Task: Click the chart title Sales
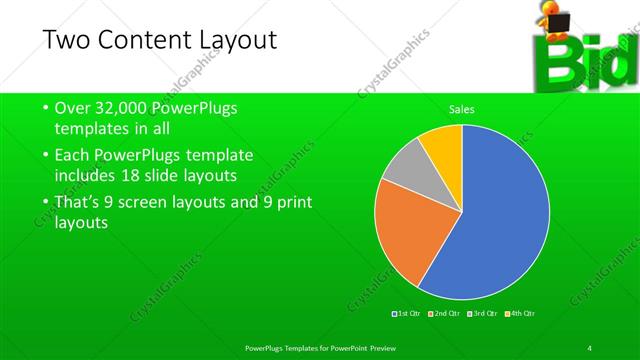[x=461, y=109]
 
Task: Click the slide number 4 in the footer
[x=590, y=347]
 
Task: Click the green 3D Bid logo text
[x=580, y=65]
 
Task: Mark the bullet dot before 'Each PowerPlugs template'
[x=46, y=156]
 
